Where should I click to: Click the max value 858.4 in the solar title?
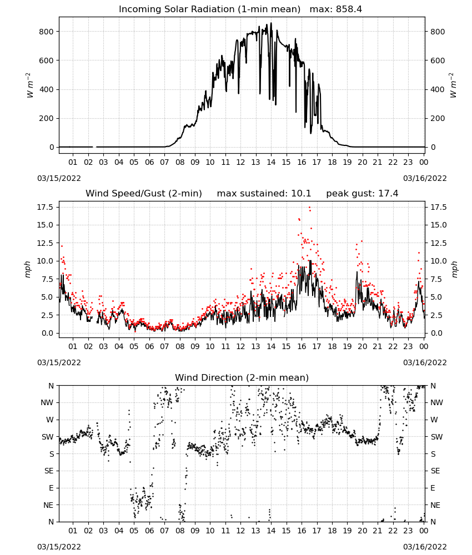(349, 9)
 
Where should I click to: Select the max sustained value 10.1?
(301, 194)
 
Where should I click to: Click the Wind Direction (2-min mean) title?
(242, 377)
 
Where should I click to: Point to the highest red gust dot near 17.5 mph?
(309, 208)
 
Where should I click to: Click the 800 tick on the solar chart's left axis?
(47, 32)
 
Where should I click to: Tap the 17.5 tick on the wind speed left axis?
(44, 207)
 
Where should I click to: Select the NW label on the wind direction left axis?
(47, 402)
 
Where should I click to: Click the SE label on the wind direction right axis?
(435, 471)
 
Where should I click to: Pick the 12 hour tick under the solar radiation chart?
(240, 162)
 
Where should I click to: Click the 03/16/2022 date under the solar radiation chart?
(425, 178)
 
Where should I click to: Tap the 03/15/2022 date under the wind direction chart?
(59, 547)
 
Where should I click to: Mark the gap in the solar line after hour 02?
(94, 147)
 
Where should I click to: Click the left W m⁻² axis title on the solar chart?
(29, 85)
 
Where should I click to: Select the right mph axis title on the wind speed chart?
(454, 269)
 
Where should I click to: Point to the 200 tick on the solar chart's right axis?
(438, 118)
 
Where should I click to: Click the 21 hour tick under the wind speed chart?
(378, 346)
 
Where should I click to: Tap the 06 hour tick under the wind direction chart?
(149, 531)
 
